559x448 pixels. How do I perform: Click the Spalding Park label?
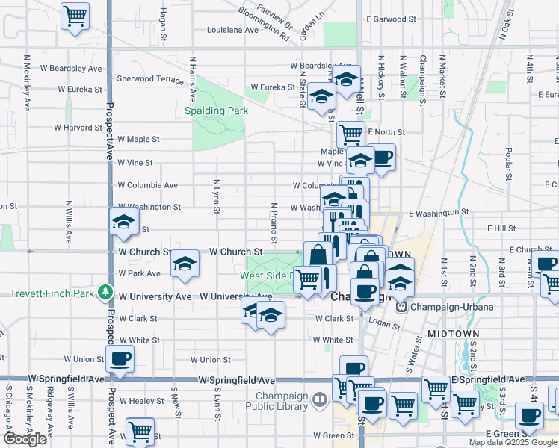[216, 111]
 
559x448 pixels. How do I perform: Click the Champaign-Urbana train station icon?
[401, 307]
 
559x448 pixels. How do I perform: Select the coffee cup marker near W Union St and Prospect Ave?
[120, 358]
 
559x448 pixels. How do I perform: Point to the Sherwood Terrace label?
[150, 78]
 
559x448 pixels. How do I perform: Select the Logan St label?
[385, 325]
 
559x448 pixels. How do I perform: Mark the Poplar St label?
[507, 158]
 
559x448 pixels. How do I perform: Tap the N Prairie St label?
[274, 222]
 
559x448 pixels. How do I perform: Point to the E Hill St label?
[501, 228]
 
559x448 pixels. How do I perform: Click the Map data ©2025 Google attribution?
[513, 442]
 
